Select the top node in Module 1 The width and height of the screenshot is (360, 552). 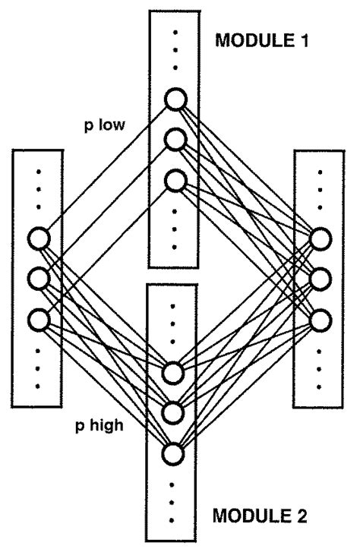tap(175, 99)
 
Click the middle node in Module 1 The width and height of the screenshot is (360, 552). tap(175, 140)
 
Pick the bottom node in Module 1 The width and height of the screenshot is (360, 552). tap(175, 181)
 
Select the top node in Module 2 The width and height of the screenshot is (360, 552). tap(173, 372)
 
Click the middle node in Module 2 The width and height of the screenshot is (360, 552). tap(173, 412)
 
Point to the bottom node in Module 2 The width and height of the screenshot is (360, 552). tap(173, 453)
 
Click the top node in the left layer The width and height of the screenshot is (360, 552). tap(39, 238)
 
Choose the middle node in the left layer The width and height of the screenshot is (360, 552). tap(39, 278)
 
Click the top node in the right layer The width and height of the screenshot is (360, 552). tap(319, 238)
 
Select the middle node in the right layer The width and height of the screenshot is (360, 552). tap(319, 278)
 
